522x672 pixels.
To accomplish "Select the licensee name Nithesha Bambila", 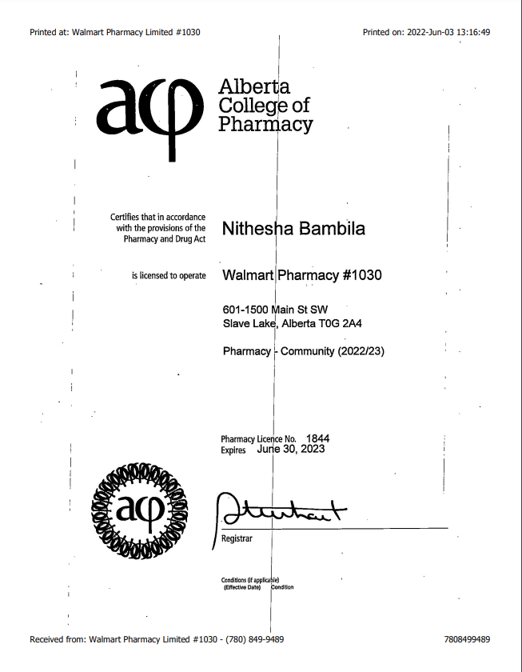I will click(x=293, y=229).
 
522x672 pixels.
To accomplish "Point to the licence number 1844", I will click(x=317, y=438).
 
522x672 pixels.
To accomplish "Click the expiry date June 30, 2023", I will click(x=291, y=450).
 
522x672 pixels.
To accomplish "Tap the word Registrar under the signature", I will click(x=237, y=538).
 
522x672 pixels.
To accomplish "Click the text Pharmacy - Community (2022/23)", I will click(x=303, y=351).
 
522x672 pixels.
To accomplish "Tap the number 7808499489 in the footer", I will click(x=466, y=639).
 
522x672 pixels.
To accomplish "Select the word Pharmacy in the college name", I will click(x=265, y=125).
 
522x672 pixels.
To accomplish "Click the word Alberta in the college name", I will click(x=254, y=86).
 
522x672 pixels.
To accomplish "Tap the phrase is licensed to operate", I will click(x=169, y=276).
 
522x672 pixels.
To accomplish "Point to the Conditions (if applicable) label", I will click(x=249, y=580).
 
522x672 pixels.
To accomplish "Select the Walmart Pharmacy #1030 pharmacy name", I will click(x=301, y=275).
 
